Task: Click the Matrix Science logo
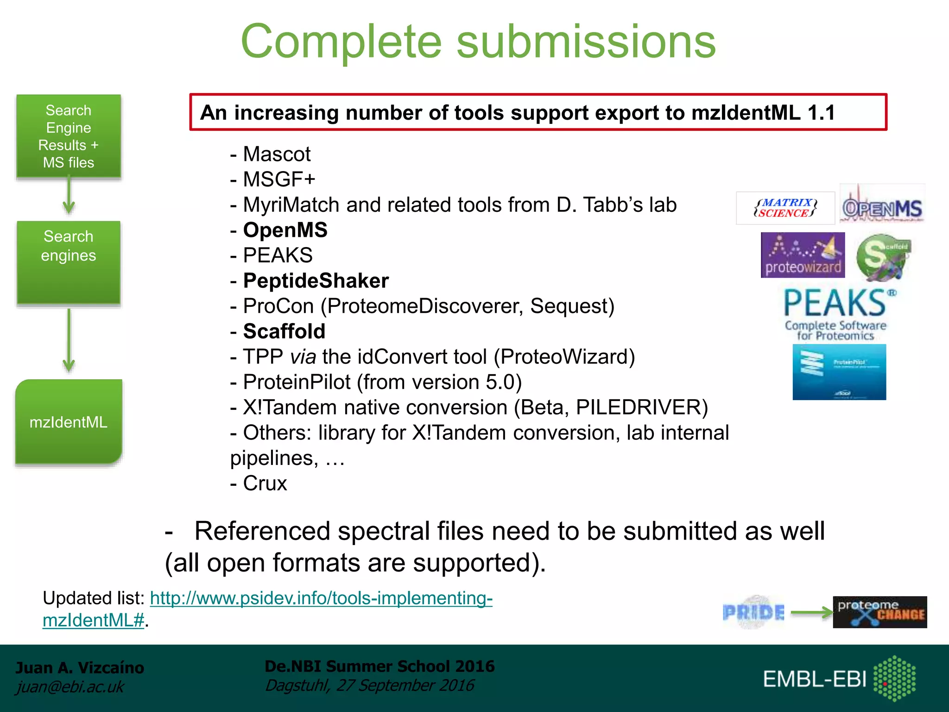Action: [785, 208]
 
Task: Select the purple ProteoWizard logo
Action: [803, 255]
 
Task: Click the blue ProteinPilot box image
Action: [839, 372]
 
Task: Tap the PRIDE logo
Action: [754, 612]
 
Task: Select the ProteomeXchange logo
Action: [879, 612]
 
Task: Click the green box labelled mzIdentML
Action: [69, 422]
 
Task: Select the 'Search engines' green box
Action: [69, 262]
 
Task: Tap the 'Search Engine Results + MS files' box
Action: [69, 136]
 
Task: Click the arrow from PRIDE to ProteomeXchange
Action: [811, 613]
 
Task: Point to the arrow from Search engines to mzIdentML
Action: [69, 341]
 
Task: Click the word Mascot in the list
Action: [277, 154]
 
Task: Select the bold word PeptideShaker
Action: [316, 281]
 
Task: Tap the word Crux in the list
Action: [265, 483]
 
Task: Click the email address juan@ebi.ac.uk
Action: [70, 687]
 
